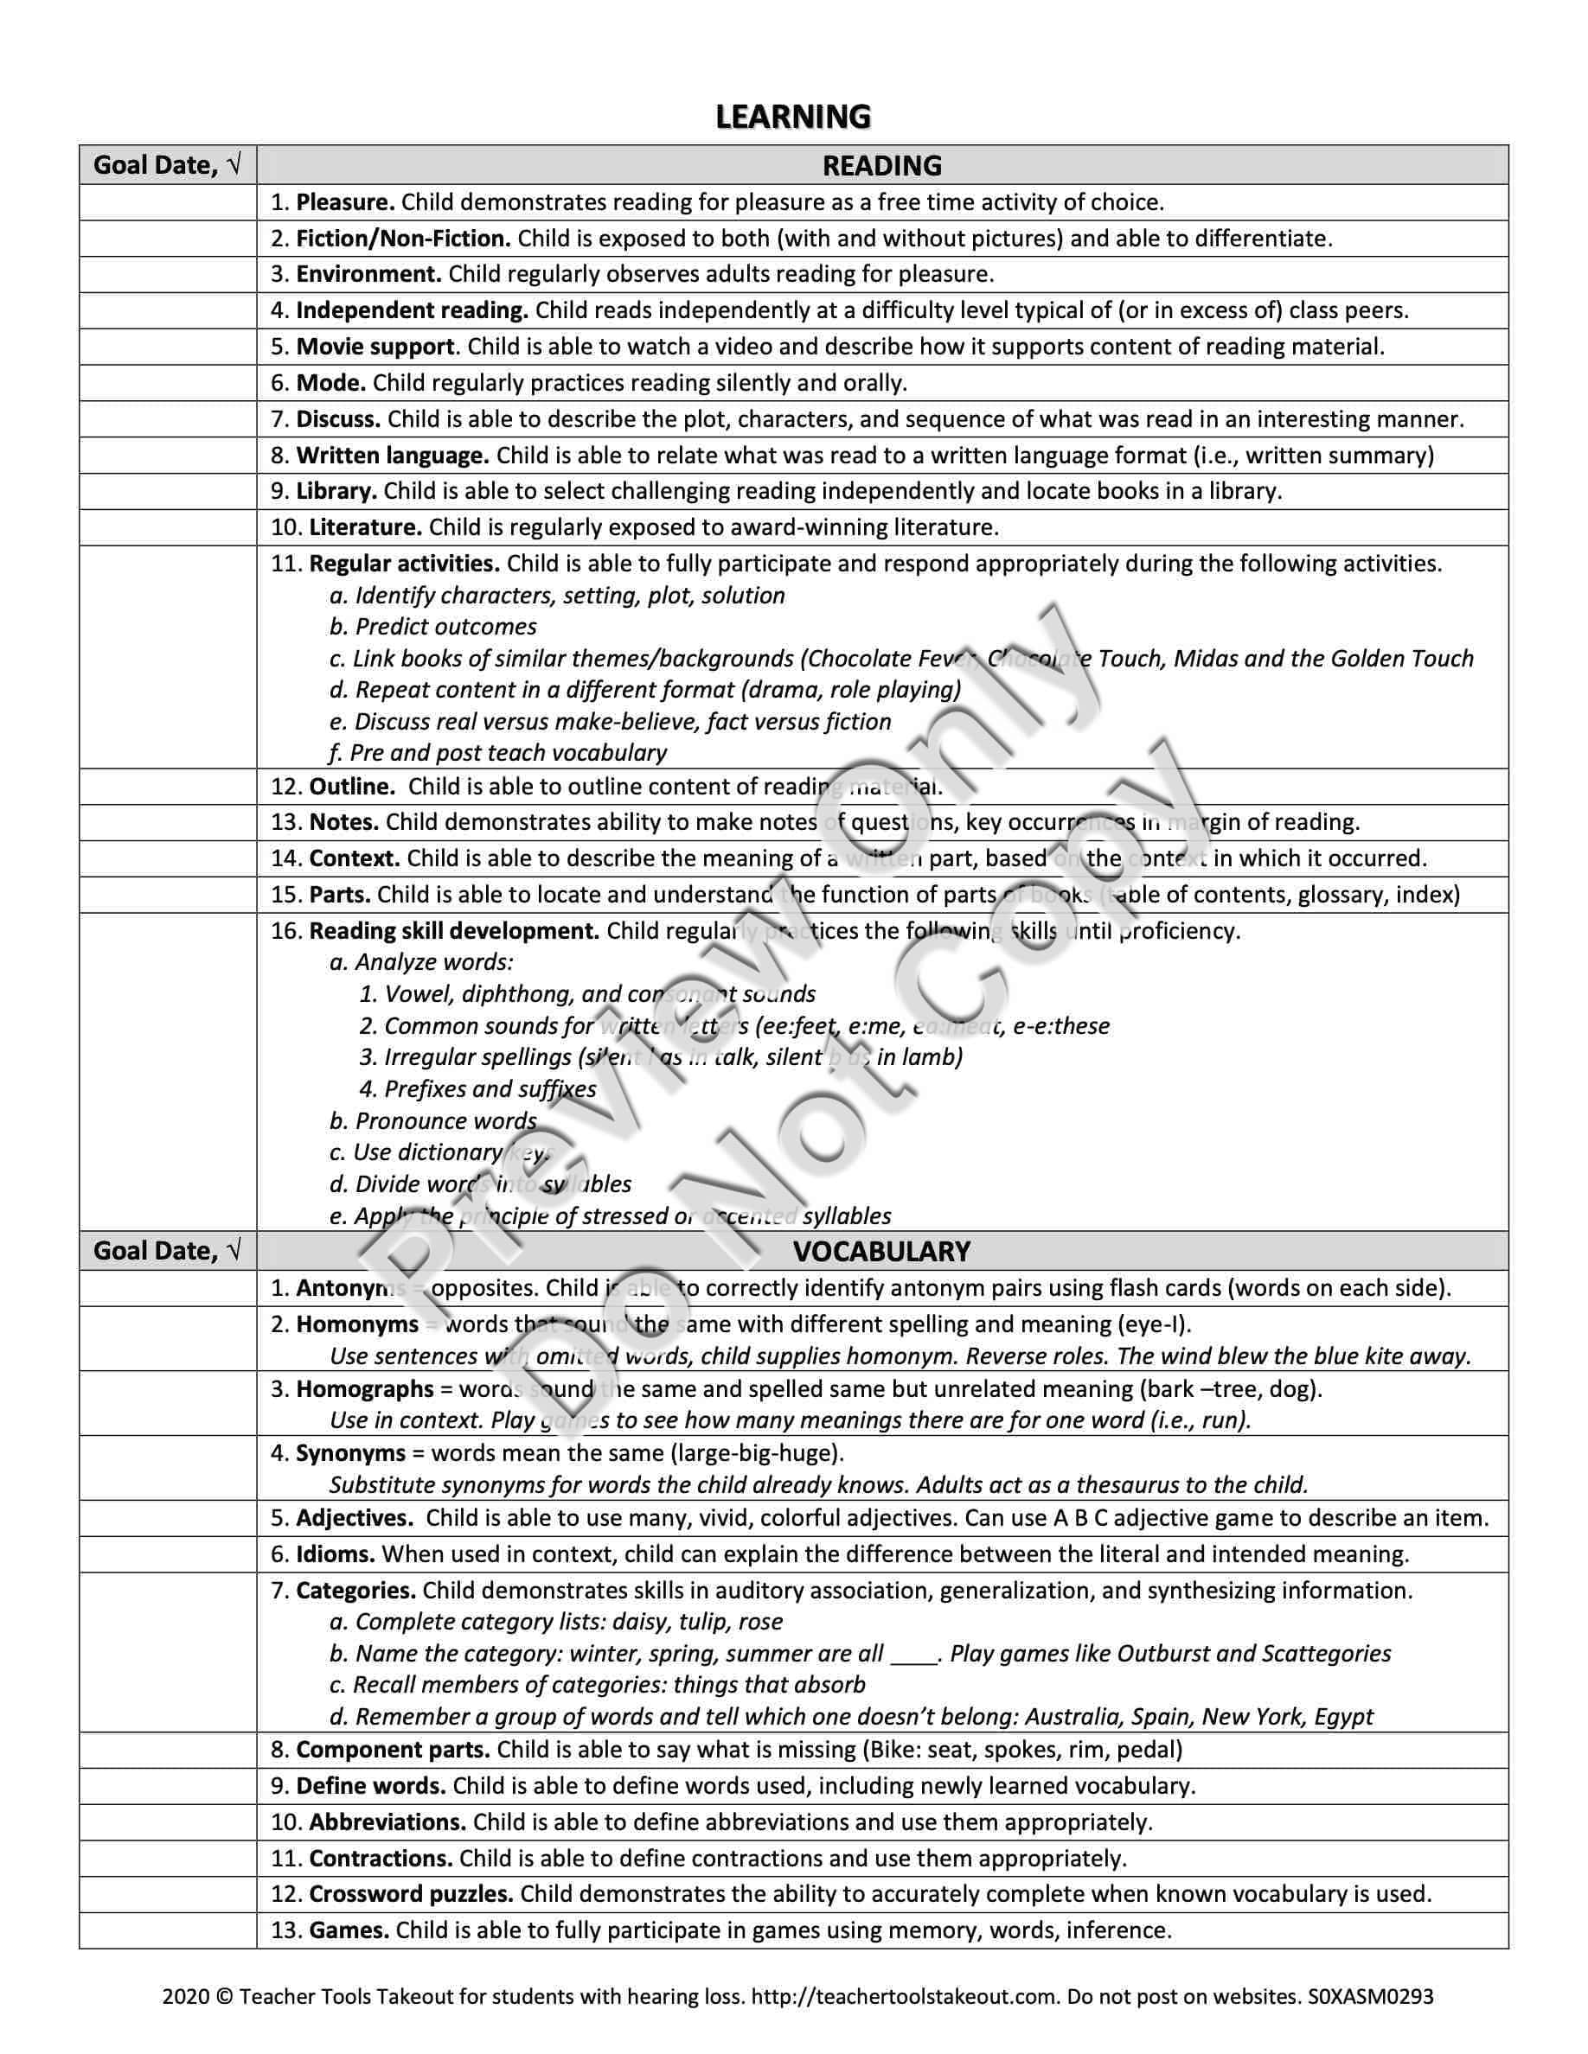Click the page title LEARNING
click(793, 117)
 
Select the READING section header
click(881, 165)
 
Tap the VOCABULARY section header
click(881, 1251)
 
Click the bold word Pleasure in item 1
click(345, 202)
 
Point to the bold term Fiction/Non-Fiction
click(404, 238)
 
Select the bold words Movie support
click(375, 346)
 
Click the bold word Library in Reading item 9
click(336, 491)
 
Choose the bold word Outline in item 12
click(352, 786)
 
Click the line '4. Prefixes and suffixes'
click(478, 1089)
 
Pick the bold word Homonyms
click(356, 1324)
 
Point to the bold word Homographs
click(364, 1389)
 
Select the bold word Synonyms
click(350, 1453)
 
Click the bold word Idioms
click(335, 1553)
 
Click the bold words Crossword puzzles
click(411, 1894)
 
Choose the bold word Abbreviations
click(387, 1821)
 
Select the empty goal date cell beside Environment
click(168, 275)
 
